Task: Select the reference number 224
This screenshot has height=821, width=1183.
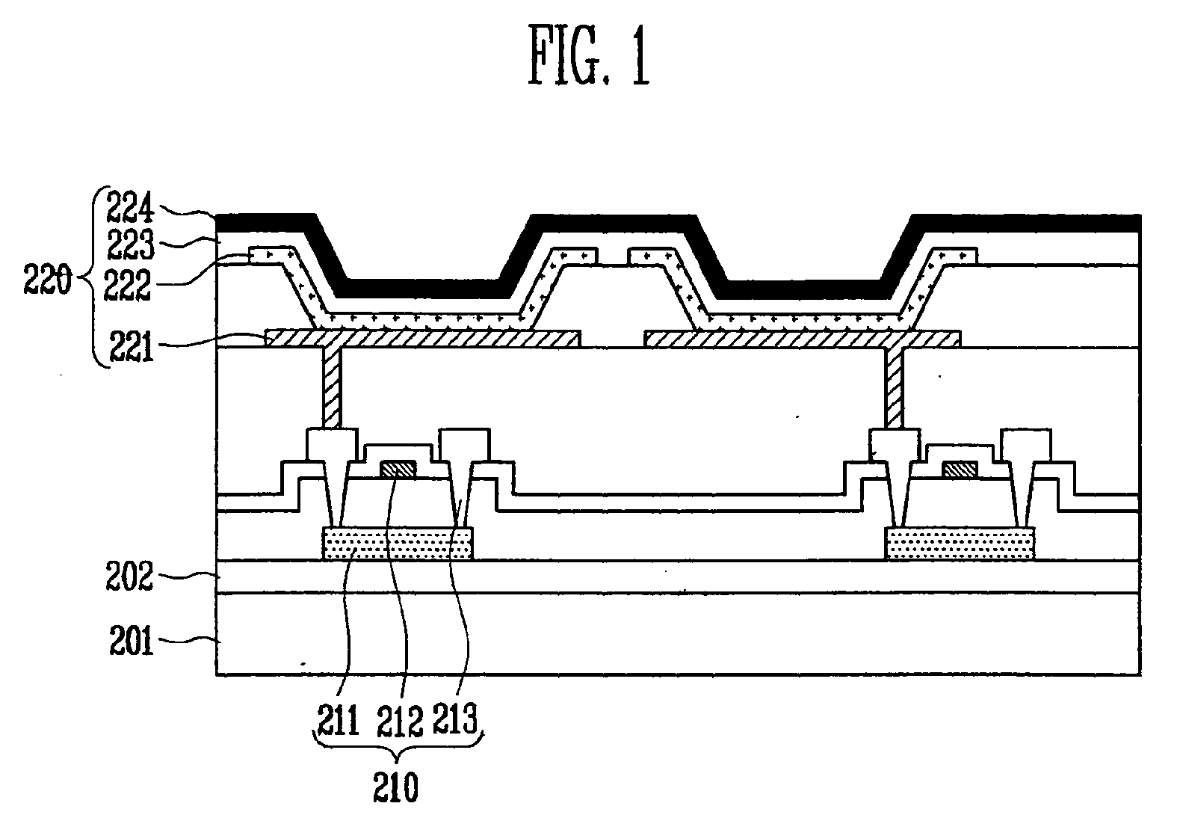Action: (130, 208)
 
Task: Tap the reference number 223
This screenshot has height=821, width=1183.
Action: (131, 245)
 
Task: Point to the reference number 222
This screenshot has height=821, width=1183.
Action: (127, 285)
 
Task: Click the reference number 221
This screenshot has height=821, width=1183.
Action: (132, 346)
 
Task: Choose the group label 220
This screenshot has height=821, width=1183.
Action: (47, 280)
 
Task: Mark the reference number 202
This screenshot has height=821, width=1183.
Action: (129, 576)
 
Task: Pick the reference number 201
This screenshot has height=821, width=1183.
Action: (132, 641)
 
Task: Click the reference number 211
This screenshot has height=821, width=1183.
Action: (338, 720)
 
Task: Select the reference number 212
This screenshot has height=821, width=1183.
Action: (400, 721)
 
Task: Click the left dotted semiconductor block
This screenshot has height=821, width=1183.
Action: (397, 543)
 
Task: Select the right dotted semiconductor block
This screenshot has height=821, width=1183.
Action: (960, 543)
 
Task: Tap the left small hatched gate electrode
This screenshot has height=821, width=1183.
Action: (398, 469)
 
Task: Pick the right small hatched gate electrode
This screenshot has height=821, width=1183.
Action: (960, 469)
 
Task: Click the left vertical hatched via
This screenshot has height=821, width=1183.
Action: (333, 388)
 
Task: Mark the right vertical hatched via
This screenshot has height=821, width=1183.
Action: (894, 388)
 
